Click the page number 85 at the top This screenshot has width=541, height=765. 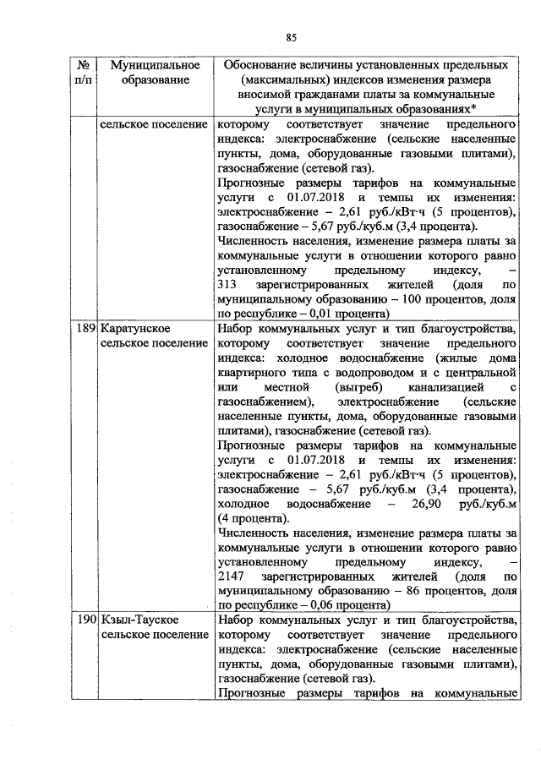(291, 37)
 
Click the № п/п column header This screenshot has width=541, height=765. (84, 73)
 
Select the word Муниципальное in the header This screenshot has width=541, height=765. (150, 65)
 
